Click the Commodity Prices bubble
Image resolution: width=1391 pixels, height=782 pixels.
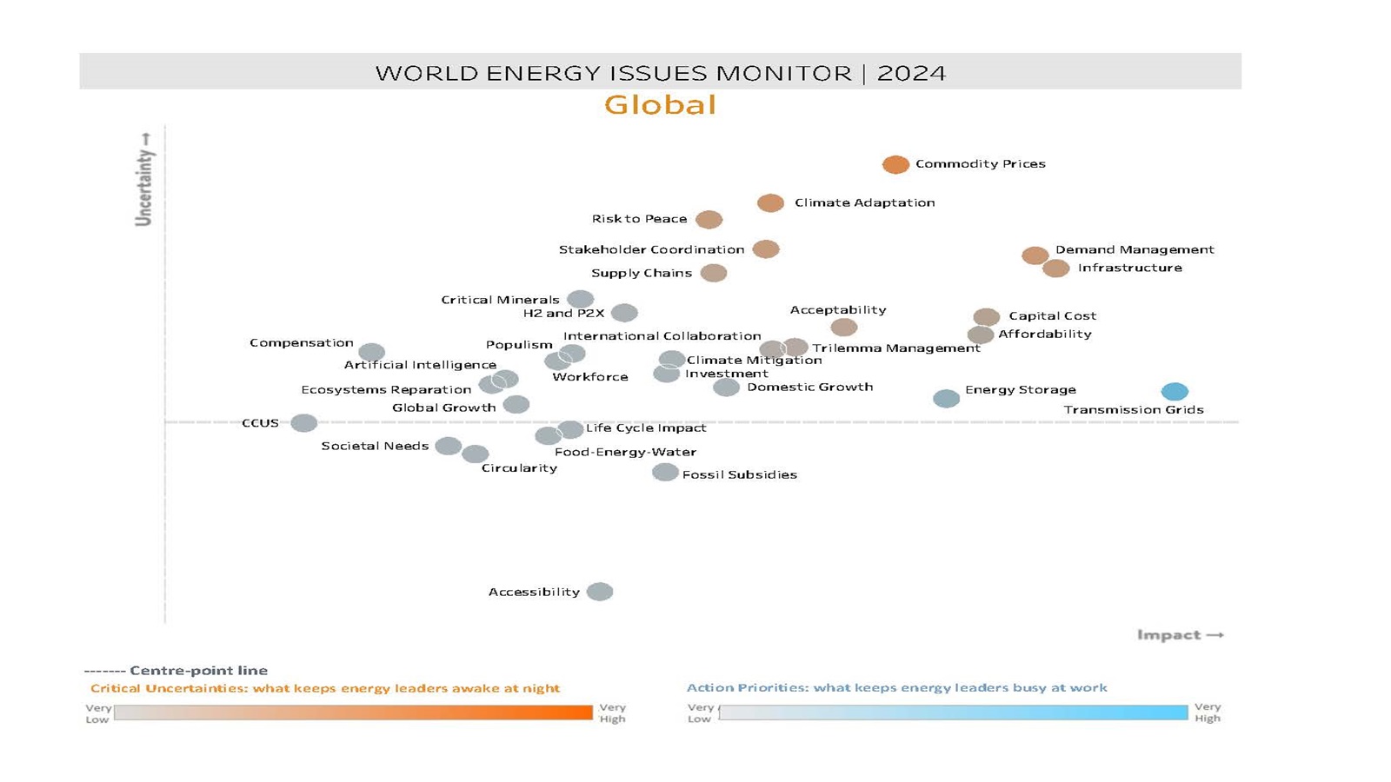(895, 164)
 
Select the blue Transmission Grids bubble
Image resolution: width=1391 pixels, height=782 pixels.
(1175, 391)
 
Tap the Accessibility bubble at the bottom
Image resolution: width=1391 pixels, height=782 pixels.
(600, 592)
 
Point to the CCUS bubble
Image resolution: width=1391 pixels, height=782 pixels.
(303, 423)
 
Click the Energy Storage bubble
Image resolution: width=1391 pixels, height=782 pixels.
(946, 398)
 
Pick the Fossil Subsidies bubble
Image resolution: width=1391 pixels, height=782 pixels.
(665, 472)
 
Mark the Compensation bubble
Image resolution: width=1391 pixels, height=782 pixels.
(371, 352)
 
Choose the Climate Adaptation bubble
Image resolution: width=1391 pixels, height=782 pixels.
(770, 202)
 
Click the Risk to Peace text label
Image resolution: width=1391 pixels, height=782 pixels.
(639, 219)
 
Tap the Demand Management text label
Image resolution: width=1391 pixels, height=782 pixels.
(1135, 249)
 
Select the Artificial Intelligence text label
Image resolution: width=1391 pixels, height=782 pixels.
(420, 365)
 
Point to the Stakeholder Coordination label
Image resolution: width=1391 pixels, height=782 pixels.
(651, 249)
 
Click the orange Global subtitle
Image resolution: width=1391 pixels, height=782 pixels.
(660, 105)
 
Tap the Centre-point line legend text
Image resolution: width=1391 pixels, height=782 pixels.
(198, 670)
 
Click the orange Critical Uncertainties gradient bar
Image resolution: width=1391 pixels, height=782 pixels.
(353, 712)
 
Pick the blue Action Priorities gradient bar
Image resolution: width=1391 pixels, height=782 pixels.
(953, 712)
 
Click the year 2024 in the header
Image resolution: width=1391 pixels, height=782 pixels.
(911, 72)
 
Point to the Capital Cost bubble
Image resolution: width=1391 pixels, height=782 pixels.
(986, 317)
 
